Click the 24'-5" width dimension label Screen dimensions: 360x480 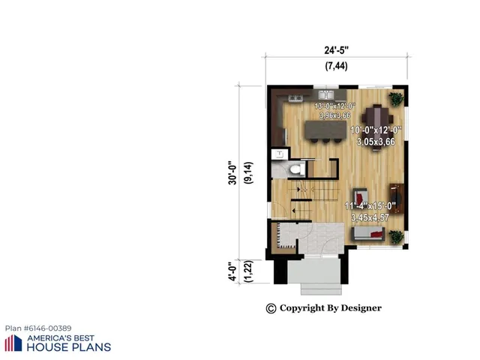click(337, 51)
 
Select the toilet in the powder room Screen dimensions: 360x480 click(295, 169)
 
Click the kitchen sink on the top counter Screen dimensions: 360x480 click(326, 95)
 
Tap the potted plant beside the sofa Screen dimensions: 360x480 click(395, 237)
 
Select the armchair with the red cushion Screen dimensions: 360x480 click(361, 194)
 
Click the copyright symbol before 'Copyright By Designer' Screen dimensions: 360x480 click(271, 308)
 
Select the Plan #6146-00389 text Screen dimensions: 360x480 click(38, 328)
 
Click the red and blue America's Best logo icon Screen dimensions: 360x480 click(13, 343)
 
